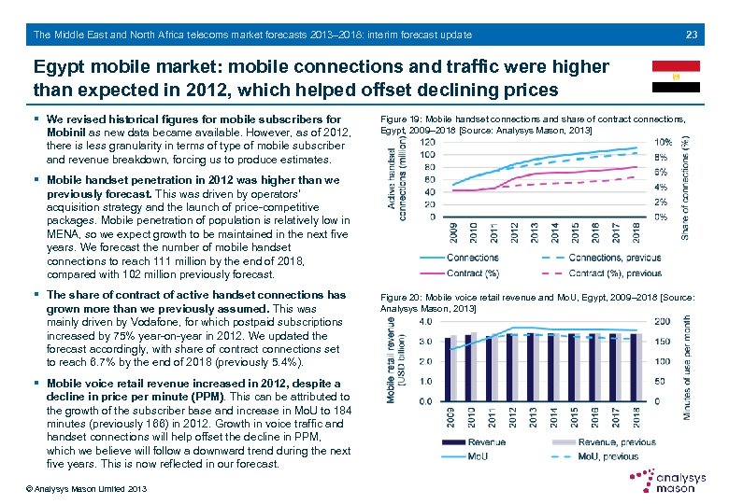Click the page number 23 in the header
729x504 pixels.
click(x=692, y=35)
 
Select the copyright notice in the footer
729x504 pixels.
click(x=74, y=489)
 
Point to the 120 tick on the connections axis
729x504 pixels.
click(x=426, y=154)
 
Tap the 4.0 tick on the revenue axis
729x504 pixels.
click(x=425, y=321)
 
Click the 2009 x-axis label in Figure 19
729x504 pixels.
click(x=454, y=231)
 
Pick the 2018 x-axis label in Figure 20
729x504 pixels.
click(x=636, y=418)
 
